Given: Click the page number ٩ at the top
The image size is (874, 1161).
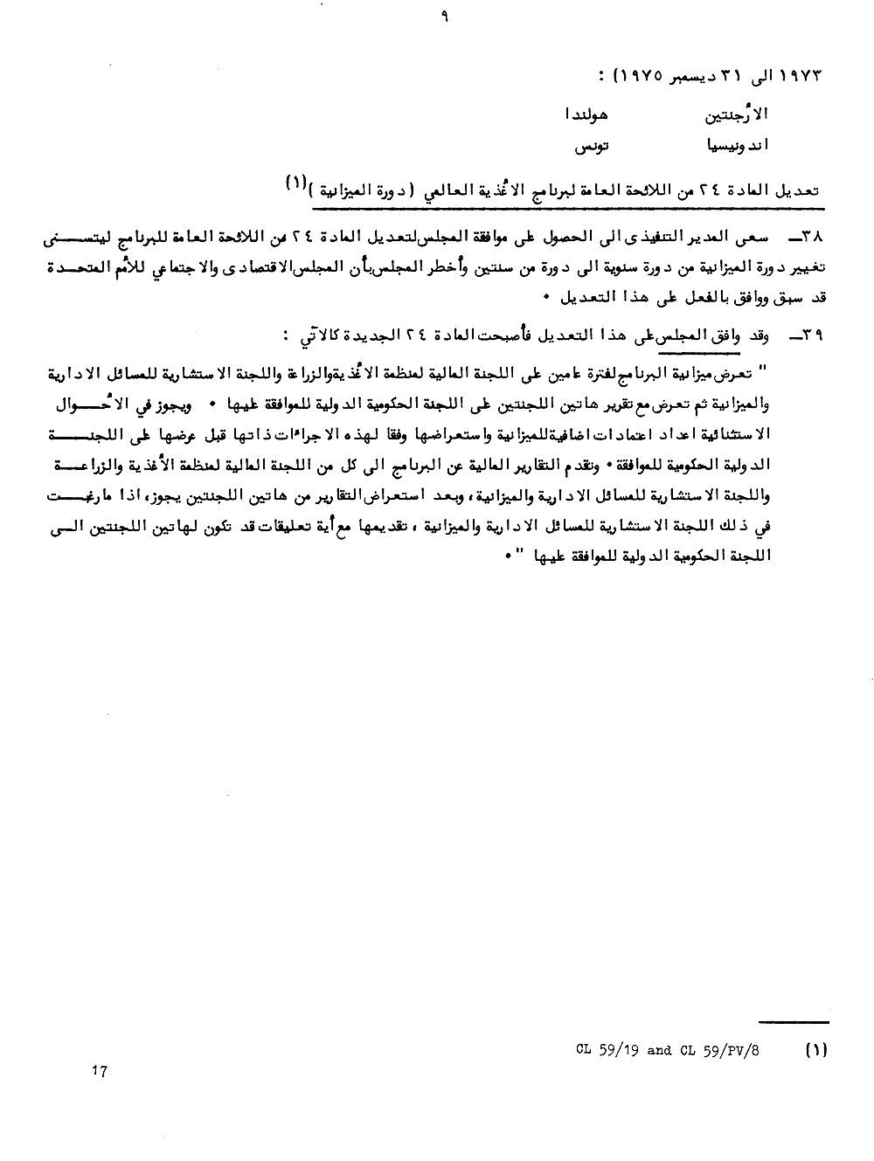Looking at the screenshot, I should [x=445, y=15].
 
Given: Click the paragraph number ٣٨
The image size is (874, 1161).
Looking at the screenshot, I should [x=808, y=237].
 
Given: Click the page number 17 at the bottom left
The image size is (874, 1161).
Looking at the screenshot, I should [x=99, y=1071].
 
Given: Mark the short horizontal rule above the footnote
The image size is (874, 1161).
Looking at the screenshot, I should [x=793, y=1021].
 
